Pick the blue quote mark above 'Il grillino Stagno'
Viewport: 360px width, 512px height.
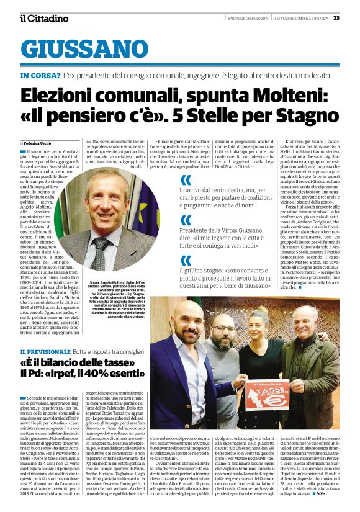click(x=185, y=260)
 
